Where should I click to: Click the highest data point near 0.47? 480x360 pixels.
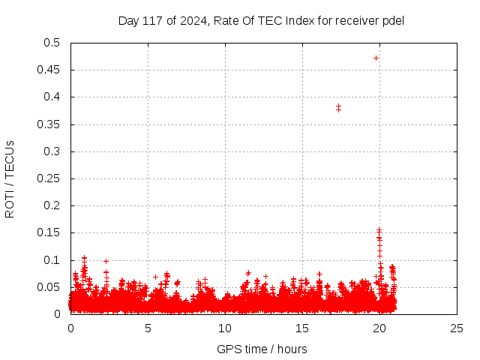point(376,58)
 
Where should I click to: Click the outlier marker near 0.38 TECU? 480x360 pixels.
point(338,108)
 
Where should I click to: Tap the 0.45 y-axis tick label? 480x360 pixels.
point(51,70)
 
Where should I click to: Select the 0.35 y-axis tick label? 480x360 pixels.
point(51,124)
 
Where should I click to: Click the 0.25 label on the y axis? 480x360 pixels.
point(51,178)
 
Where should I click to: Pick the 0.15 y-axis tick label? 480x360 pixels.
point(51,233)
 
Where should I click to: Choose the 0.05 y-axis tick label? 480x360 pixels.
point(51,287)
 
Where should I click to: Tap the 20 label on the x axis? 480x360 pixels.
point(380,328)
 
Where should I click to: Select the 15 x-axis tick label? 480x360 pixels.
point(303,328)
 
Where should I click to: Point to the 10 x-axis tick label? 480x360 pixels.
point(225,328)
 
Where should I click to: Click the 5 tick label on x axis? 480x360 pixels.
point(148,328)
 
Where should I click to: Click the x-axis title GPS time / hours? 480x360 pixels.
point(262,349)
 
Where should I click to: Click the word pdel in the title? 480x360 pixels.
point(393,20)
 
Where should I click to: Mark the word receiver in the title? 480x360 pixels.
point(357,20)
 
